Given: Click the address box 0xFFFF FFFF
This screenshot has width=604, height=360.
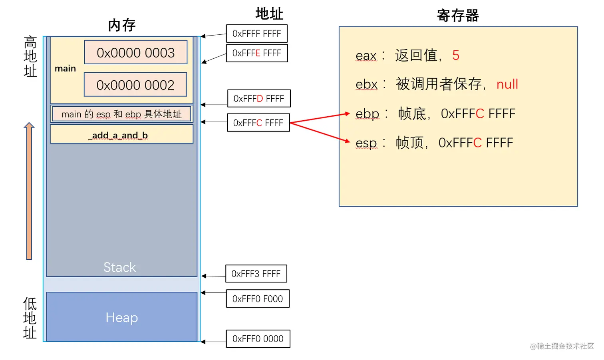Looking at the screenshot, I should click(x=256, y=34).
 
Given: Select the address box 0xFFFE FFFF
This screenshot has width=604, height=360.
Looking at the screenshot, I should click(x=257, y=53).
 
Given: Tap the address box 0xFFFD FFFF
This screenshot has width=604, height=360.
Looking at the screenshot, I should click(x=259, y=98).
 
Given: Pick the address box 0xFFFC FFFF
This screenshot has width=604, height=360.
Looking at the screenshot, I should click(x=258, y=123).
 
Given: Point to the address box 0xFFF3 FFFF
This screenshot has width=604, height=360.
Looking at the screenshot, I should click(x=256, y=274).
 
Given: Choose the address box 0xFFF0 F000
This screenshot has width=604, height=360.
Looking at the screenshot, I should click(x=258, y=299).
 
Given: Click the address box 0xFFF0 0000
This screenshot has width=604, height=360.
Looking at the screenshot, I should click(x=258, y=339).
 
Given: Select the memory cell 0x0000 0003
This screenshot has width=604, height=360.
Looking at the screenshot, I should click(x=136, y=52).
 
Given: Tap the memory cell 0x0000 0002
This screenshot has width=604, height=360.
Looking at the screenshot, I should click(x=135, y=85).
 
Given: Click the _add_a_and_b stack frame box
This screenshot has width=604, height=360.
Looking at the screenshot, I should click(x=121, y=135).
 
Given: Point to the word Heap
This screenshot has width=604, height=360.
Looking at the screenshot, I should click(x=122, y=318).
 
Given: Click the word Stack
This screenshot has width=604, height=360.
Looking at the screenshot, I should click(x=119, y=267).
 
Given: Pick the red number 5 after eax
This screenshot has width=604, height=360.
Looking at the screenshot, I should click(x=456, y=55).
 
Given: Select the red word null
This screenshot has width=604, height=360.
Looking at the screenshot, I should click(x=507, y=84).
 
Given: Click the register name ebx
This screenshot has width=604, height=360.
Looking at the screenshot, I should click(x=366, y=84).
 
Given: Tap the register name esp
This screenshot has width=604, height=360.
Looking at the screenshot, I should click(x=366, y=143).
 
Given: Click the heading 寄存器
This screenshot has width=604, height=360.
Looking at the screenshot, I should click(x=458, y=16).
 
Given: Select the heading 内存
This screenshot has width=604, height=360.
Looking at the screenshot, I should click(x=121, y=25).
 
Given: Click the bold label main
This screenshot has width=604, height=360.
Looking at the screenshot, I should click(x=65, y=68).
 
